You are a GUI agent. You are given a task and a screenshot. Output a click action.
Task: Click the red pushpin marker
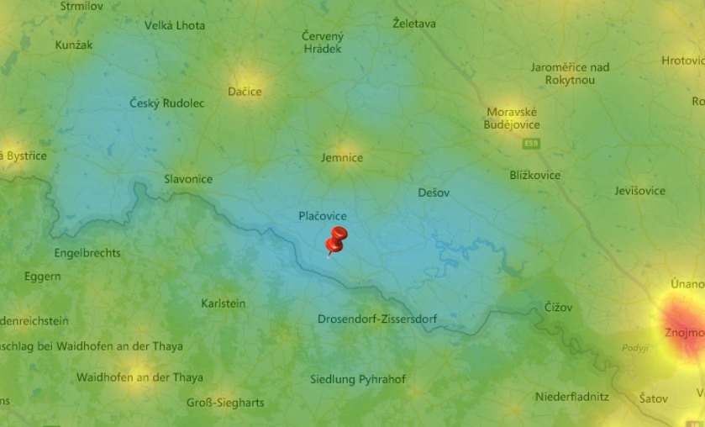[337, 239]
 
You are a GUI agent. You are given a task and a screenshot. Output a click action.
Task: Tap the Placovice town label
[323, 216]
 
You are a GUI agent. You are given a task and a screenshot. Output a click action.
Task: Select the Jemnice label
[342, 158]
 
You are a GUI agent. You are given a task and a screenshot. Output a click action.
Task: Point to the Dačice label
[245, 92]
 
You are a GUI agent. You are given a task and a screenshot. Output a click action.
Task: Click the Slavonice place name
[188, 179]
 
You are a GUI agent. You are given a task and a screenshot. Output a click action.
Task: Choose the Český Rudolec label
[167, 103]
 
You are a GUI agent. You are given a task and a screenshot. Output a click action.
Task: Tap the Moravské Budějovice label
[512, 119]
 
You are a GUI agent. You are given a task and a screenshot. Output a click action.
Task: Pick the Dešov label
[434, 193]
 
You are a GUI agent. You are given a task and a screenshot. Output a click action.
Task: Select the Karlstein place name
[224, 303]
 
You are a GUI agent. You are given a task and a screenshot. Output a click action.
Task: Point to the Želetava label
[414, 24]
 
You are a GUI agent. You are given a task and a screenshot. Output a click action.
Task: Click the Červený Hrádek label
[323, 43]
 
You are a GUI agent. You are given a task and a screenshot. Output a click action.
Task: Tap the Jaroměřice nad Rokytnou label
[570, 74]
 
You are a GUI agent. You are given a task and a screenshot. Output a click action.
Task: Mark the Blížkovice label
[535, 175]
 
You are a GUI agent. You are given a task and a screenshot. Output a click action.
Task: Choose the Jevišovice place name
[639, 191]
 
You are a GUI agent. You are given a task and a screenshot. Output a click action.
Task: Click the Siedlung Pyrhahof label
[358, 380]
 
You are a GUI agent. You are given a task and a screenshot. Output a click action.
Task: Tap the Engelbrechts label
[87, 253]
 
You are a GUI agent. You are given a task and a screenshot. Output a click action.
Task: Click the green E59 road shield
[531, 145]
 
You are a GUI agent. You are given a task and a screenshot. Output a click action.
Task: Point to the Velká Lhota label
[175, 26]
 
